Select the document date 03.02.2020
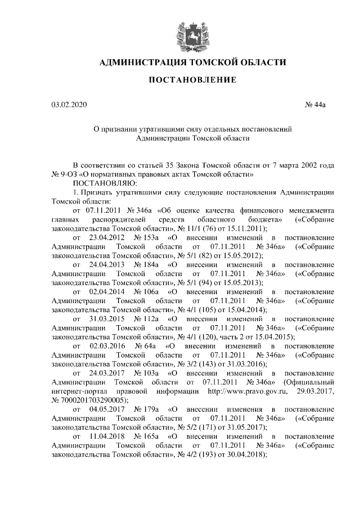pos(69,105)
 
